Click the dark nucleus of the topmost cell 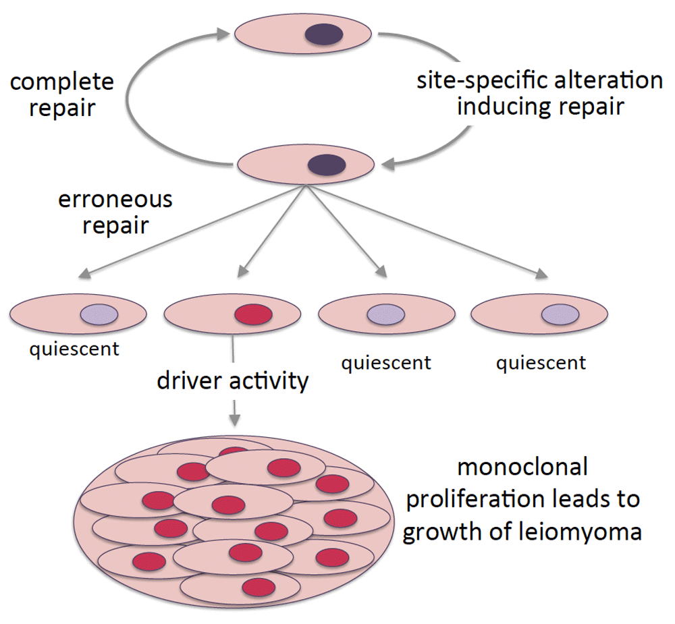coord(324,34)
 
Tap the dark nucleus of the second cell coord(327,165)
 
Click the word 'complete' coord(61,82)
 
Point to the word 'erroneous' coord(115,200)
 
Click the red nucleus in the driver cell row coord(253,314)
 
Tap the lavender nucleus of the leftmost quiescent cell coord(99,314)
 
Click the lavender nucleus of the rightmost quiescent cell coord(560,314)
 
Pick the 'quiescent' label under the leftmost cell coord(74,349)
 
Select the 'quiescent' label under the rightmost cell coord(541,364)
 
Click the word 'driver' coord(190,380)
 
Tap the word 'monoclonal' coord(522,467)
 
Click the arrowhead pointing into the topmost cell coord(223,34)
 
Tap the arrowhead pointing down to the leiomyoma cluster coord(235,420)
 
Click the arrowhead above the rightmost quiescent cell coord(541,274)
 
